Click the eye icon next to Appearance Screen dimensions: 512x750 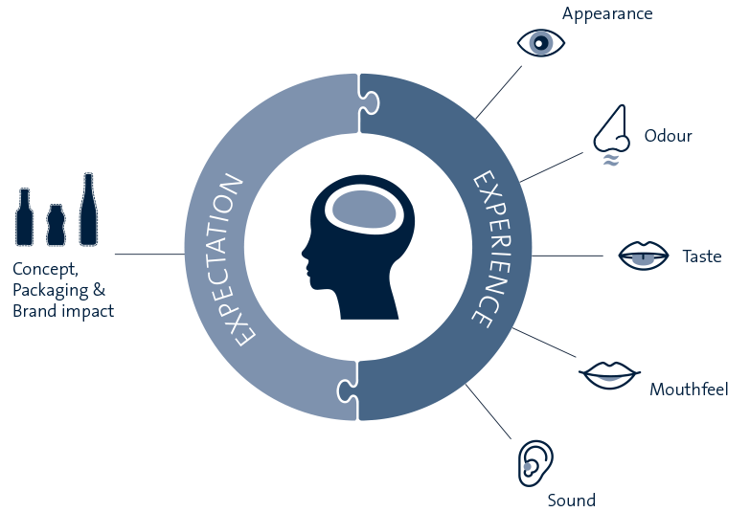pyautogui.click(x=540, y=43)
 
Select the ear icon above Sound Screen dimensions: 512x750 pyautogui.click(x=534, y=460)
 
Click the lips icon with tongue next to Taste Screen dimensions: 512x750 pyautogui.click(x=642, y=255)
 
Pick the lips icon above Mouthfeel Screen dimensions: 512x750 pyautogui.click(x=607, y=373)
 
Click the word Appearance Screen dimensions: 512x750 pyautogui.click(x=607, y=13)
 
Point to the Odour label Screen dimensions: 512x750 pyautogui.click(x=668, y=136)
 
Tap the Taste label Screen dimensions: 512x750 pyautogui.click(x=701, y=256)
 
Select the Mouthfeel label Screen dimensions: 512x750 pyautogui.click(x=689, y=390)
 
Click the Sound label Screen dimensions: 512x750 pyautogui.click(x=571, y=501)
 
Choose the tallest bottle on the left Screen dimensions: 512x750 pyautogui.click(x=88, y=208)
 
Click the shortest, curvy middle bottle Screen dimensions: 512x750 pyautogui.click(x=56, y=224)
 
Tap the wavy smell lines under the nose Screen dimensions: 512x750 pyautogui.click(x=610, y=160)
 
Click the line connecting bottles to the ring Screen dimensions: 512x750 pyautogui.click(x=149, y=254)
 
